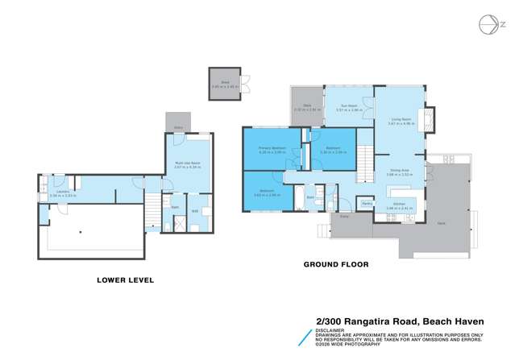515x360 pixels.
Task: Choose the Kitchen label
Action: [398, 205]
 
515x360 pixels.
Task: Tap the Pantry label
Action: [367, 203]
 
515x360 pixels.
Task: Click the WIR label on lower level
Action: [195, 212]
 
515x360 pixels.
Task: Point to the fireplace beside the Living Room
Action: [430, 120]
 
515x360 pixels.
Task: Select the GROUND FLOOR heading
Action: [334, 263]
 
